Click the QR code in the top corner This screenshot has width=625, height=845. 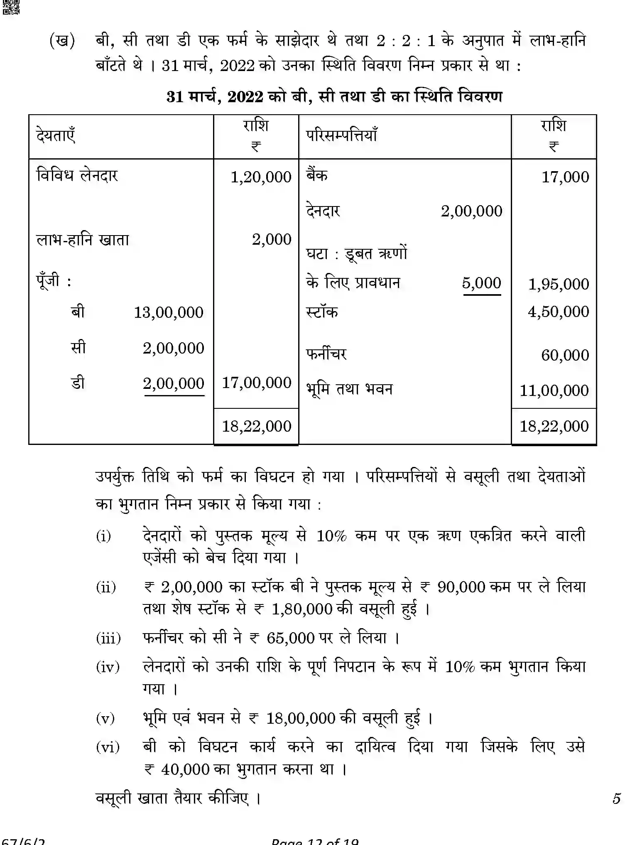tap(11, 7)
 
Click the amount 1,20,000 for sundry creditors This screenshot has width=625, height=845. tap(261, 177)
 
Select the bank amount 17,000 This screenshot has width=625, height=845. tap(565, 177)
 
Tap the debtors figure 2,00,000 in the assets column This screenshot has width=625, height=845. tap(471, 211)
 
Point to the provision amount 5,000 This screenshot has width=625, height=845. tap(481, 283)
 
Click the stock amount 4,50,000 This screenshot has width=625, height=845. tap(558, 312)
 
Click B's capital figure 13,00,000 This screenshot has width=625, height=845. tap(169, 313)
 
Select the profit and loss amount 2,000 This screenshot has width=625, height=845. tap(272, 240)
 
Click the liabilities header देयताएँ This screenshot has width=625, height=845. tap(56, 136)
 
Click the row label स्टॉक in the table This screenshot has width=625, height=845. tap(322, 312)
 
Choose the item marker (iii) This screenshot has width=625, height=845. tap(108, 638)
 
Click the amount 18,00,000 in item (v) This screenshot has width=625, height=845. tap(300, 718)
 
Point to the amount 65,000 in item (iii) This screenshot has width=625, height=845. tap(290, 638)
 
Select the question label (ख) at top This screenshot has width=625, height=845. tap(62, 41)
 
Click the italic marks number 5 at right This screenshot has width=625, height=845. tap(616, 798)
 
